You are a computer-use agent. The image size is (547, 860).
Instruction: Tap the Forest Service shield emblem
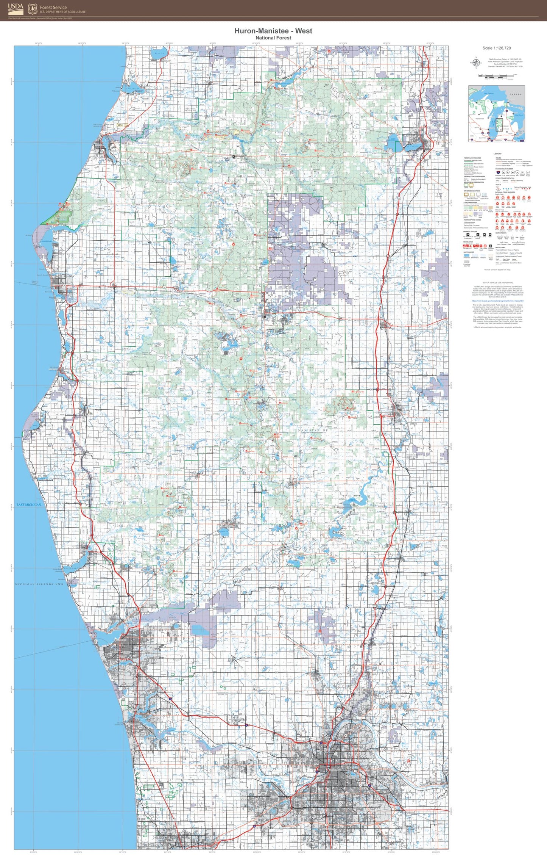click(33, 9)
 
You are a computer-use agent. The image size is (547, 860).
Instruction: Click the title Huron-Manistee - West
click(273, 31)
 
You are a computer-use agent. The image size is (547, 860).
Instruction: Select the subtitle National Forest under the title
click(273, 38)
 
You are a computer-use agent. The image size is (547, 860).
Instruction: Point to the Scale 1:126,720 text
click(496, 48)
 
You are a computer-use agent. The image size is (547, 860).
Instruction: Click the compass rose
click(476, 63)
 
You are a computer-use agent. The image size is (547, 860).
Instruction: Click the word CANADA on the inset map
click(515, 94)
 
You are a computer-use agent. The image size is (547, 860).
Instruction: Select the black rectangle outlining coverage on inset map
click(499, 124)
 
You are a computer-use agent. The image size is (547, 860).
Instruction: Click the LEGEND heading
click(497, 154)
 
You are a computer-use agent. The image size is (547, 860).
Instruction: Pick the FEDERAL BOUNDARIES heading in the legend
click(472, 158)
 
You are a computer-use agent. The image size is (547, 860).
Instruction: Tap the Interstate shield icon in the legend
click(498, 172)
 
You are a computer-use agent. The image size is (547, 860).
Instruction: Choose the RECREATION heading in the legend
click(468, 242)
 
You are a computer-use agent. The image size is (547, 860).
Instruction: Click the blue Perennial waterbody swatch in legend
click(466, 255)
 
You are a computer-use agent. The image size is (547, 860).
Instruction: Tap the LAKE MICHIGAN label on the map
click(29, 504)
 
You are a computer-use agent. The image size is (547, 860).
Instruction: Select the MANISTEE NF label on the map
click(313, 431)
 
